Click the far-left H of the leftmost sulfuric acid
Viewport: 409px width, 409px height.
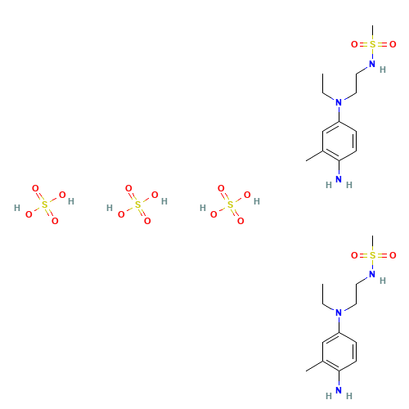pyautogui.click(x=16, y=209)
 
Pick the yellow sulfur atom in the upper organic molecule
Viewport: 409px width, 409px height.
pyautogui.click(x=373, y=44)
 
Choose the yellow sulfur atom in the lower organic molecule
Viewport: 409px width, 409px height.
pyautogui.click(x=373, y=255)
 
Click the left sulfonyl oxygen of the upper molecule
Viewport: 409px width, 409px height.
pyautogui.click(x=354, y=44)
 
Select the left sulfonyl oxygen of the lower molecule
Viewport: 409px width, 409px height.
pyautogui.click(x=354, y=255)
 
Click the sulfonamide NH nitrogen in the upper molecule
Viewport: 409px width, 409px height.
pyautogui.click(x=371, y=63)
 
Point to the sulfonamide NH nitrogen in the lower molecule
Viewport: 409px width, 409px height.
pyautogui.click(x=371, y=274)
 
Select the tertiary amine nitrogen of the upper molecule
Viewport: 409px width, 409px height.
pyautogui.click(x=339, y=102)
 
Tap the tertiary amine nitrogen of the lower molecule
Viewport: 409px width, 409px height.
pyautogui.click(x=339, y=312)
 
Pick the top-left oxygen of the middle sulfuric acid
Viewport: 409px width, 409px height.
pyautogui.click(x=128, y=189)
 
